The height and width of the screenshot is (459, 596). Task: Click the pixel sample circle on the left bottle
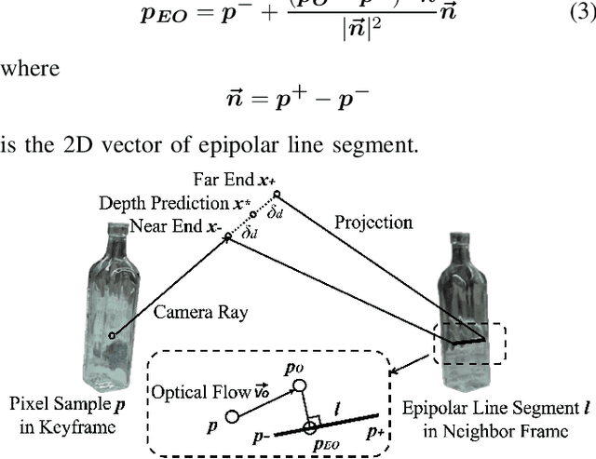click(113, 335)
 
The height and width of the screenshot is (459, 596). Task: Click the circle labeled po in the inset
click(297, 385)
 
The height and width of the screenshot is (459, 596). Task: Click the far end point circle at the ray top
click(276, 195)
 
